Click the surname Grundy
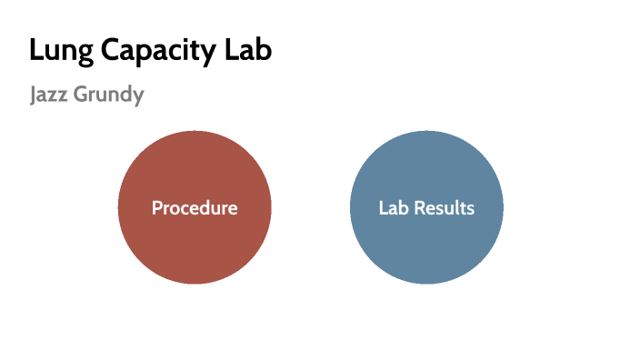click(x=110, y=95)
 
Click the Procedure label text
click(x=195, y=208)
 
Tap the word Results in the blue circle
click(x=445, y=208)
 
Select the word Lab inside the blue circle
click(x=394, y=208)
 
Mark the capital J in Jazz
click(x=33, y=94)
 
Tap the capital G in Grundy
click(x=84, y=94)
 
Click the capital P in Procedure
click(x=156, y=208)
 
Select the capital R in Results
click(x=420, y=208)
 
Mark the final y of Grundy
click(x=138, y=98)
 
